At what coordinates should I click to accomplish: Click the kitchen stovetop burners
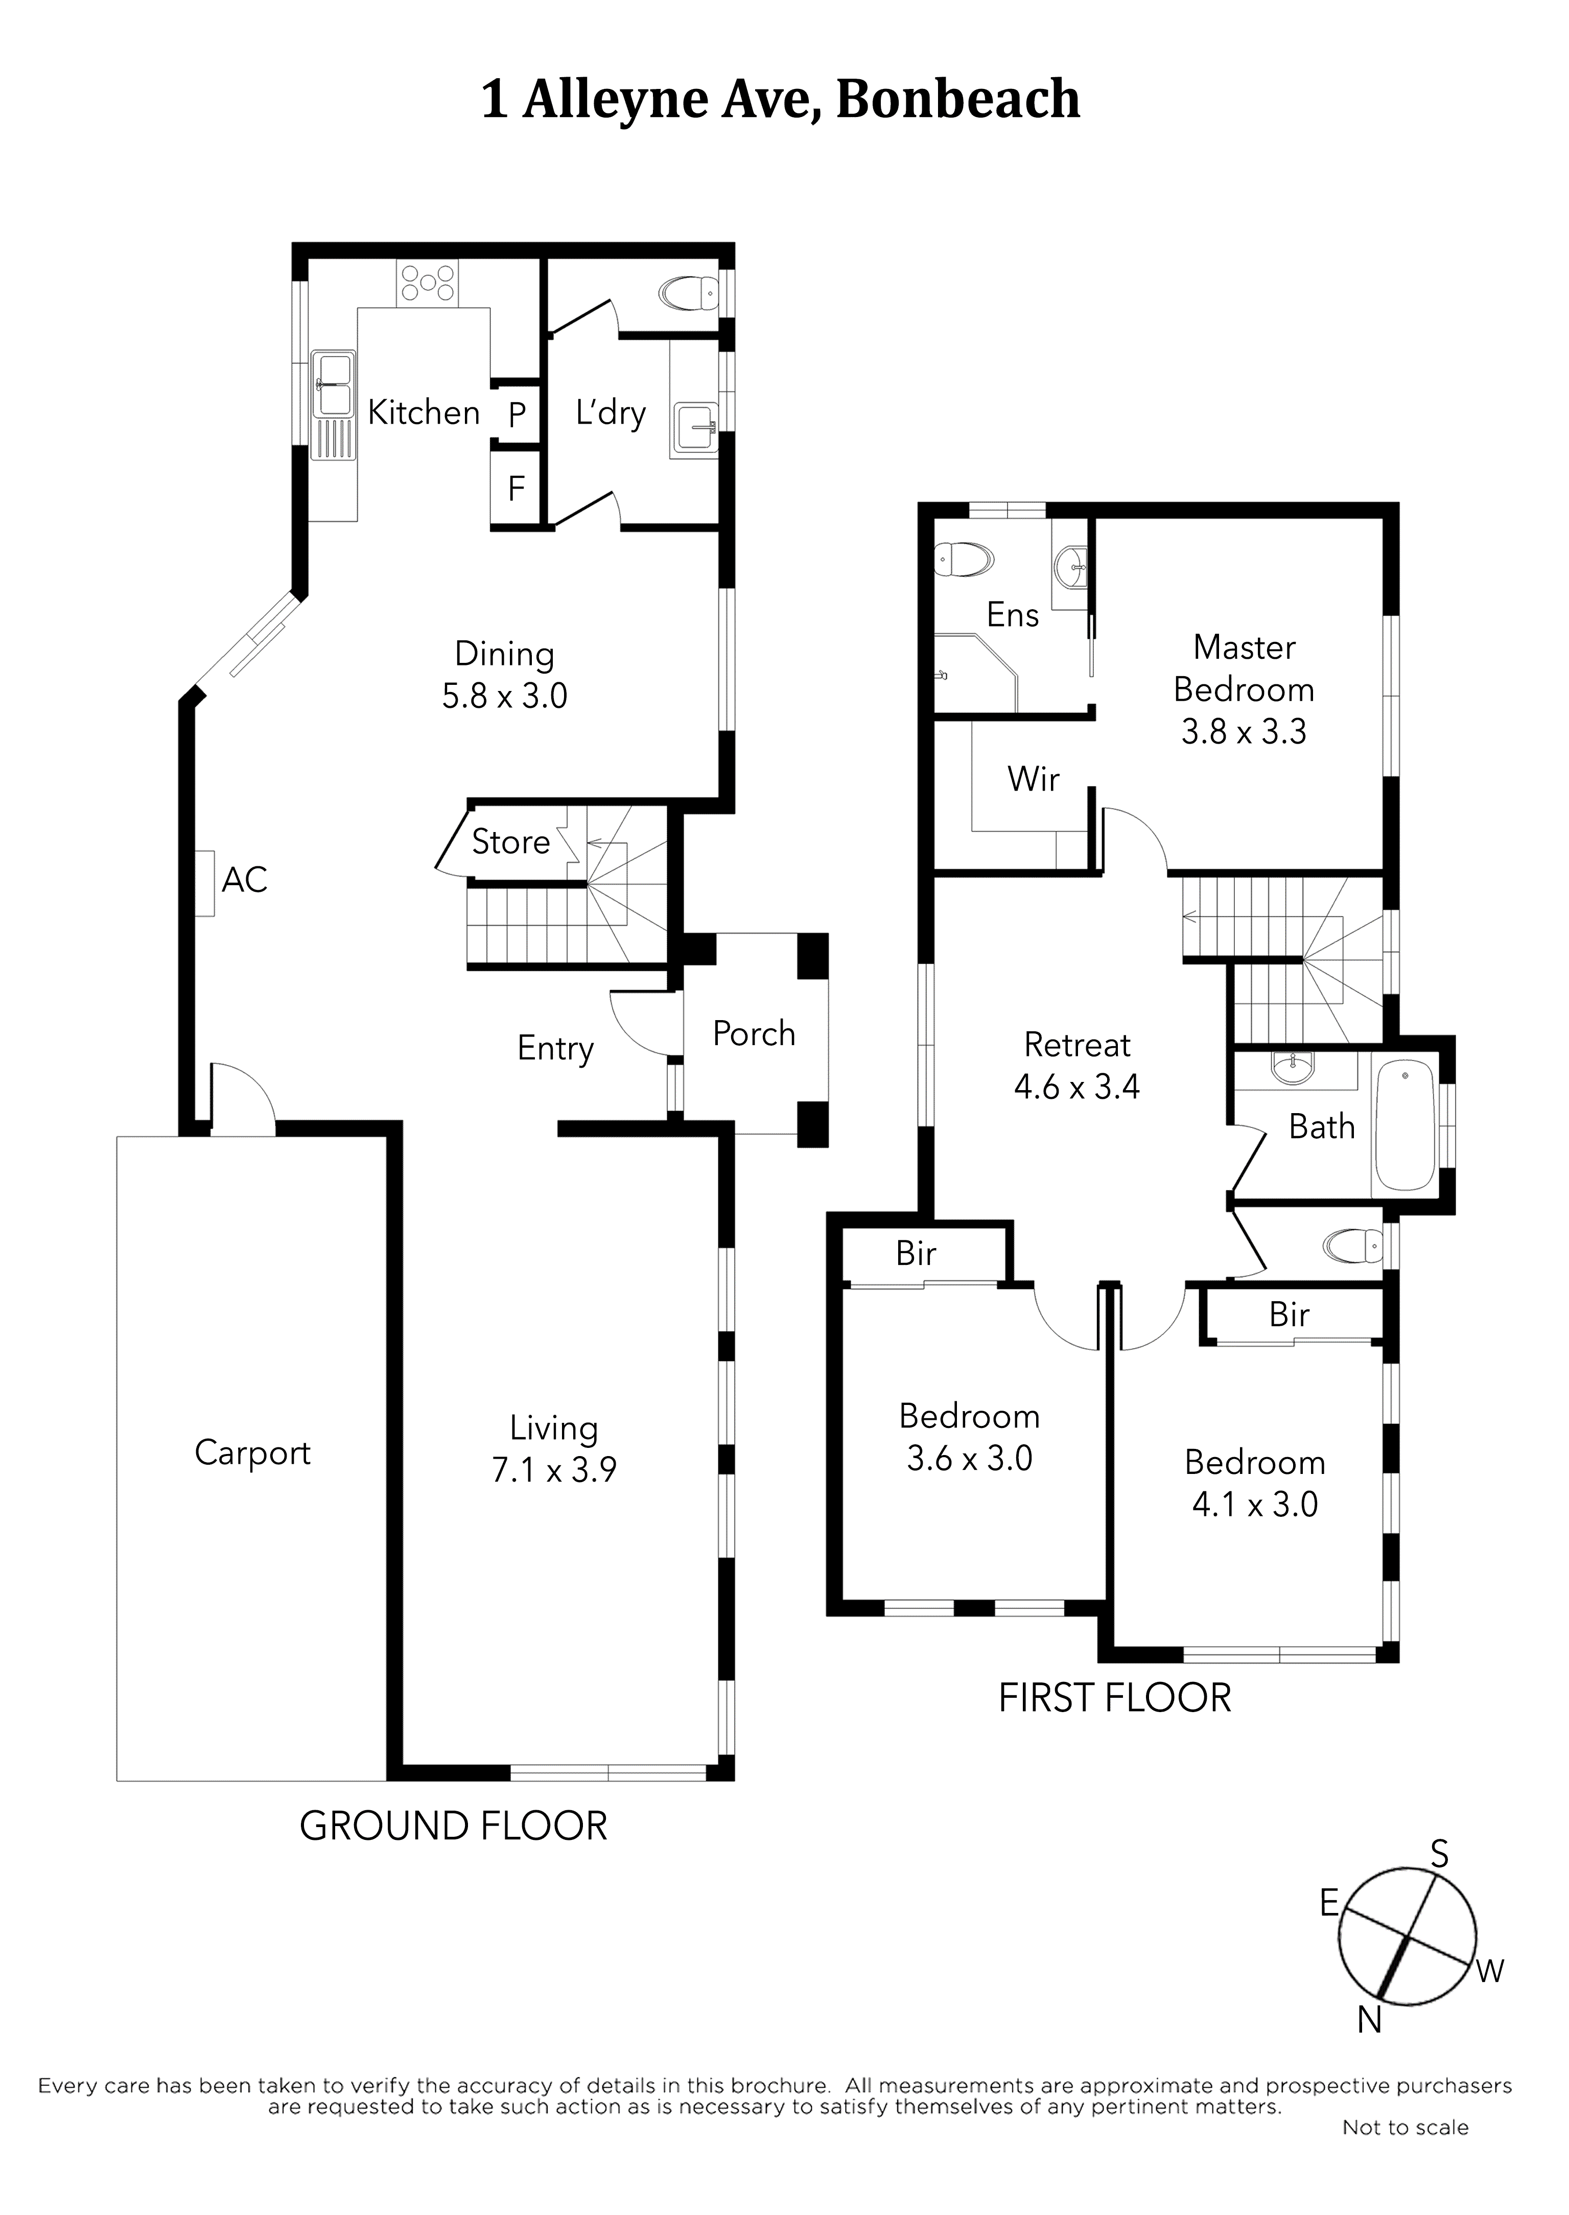click(x=426, y=282)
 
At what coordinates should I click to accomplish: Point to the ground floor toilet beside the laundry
click(x=688, y=293)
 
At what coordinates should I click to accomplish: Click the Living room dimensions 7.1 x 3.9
click(x=554, y=1470)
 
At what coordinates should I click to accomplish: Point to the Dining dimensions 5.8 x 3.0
click(x=504, y=696)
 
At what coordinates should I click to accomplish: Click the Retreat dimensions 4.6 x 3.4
click(x=1076, y=1087)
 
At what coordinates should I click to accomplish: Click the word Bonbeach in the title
click(x=957, y=100)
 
